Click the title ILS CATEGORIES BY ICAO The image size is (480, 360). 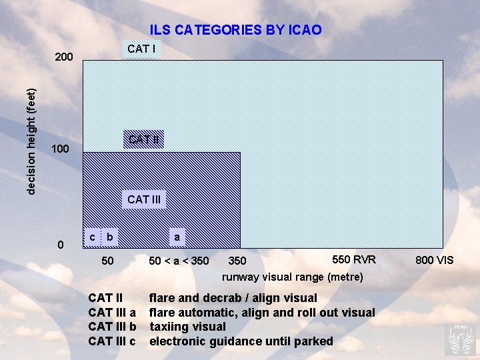pyautogui.click(x=235, y=30)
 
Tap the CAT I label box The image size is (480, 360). pyautogui.click(x=141, y=49)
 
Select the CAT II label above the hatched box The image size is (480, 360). pyautogui.click(x=144, y=139)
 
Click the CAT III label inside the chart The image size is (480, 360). pyautogui.click(x=144, y=199)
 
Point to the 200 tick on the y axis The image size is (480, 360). pyautogui.click(x=64, y=57)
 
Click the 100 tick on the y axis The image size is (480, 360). pyautogui.click(x=60, y=149)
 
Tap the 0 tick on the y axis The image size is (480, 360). pyautogui.click(x=61, y=245)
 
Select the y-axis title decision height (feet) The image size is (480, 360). pyautogui.click(x=31, y=142)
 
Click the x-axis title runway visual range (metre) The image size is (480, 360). pyautogui.click(x=293, y=277)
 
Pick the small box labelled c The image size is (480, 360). pyautogui.click(x=92, y=237)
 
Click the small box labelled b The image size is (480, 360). pyautogui.click(x=110, y=237)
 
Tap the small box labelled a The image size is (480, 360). pyautogui.click(x=177, y=237)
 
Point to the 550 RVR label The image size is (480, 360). pyautogui.click(x=354, y=259)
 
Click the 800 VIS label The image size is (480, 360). pyautogui.click(x=434, y=260)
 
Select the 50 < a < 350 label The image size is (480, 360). pyautogui.click(x=179, y=261)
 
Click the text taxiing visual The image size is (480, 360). pyautogui.click(x=187, y=327)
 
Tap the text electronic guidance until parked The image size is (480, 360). pyautogui.click(x=241, y=341)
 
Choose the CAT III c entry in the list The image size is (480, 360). pyautogui.click(x=112, y=341)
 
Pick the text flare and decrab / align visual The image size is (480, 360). pyautogui.click(x=233, y=298)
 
